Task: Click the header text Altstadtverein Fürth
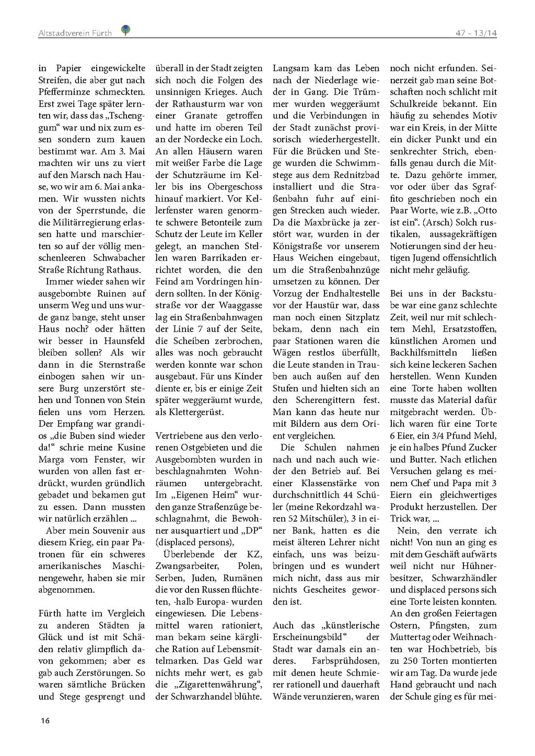(x=75, y=33)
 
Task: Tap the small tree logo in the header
(x=125, y=30)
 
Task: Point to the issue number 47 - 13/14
(x=475, y=33)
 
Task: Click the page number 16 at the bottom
(x=45, y=720)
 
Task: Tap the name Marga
(x=52, y=459)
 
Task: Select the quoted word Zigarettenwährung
(x=217, y=684)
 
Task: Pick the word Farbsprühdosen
(x=345, y=661)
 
